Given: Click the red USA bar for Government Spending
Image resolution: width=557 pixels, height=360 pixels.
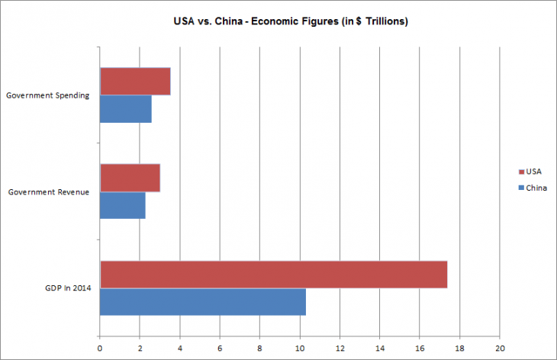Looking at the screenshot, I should click(135, 82).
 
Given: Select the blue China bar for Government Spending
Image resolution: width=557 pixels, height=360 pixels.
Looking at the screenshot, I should click(126, 108).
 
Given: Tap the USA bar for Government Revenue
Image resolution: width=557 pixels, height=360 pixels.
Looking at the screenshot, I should click(130, 178).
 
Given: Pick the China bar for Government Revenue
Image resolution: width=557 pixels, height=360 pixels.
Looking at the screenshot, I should click(123, 204).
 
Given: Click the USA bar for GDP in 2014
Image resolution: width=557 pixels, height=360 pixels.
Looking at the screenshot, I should click(273, 275).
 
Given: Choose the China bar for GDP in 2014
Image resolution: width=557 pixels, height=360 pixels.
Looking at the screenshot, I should click(203, 301).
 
